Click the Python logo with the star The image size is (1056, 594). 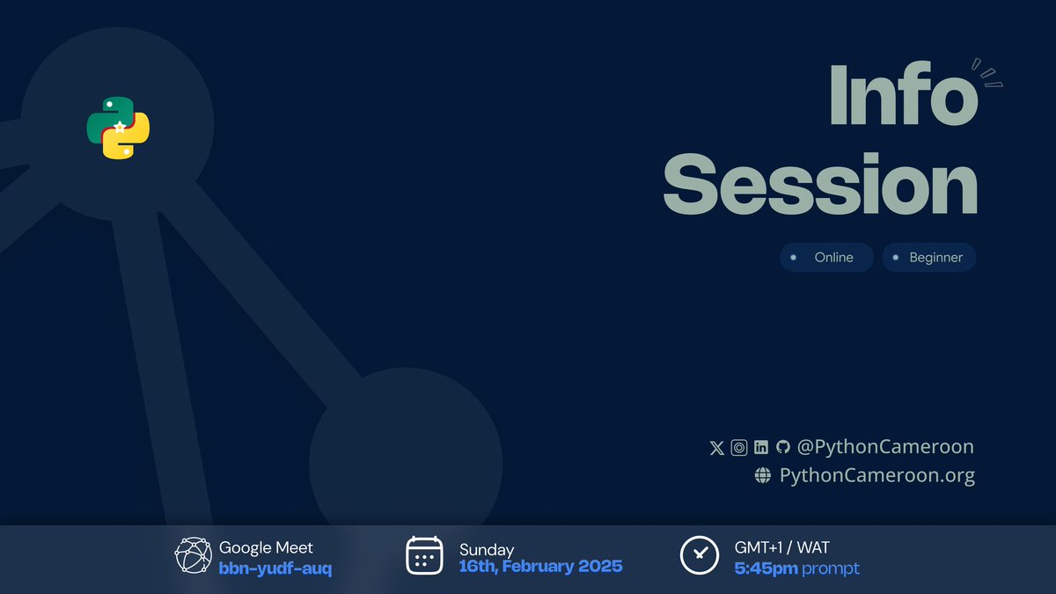(x=118, y=128)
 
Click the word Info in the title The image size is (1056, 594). (x=903, y=94)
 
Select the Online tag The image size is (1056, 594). (x=826, y=258)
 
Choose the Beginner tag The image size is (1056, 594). (x=928, y=258)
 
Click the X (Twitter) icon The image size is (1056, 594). (x=717, y=448)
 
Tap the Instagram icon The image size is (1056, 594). (x=739, y=448)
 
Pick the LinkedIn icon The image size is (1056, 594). (x=761, y=448)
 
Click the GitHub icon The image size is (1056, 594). (x=782, y=448)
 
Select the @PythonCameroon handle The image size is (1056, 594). (x=885, y=447)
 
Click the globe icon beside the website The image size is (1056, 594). (x=763, y=476)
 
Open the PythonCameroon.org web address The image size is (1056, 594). (x=877, y=476)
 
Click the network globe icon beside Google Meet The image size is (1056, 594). (x=194, y=555)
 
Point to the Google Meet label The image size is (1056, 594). (x=266, y=548)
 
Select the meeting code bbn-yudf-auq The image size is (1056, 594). (x=275, y=568)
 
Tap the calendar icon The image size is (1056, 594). (x=424, y=555)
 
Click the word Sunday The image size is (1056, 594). (x=487, y=550)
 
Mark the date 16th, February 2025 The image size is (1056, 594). (x=540, y=567)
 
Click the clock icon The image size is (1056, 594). (x=700, y=555)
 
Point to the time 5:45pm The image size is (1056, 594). (x=766, y=568)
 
